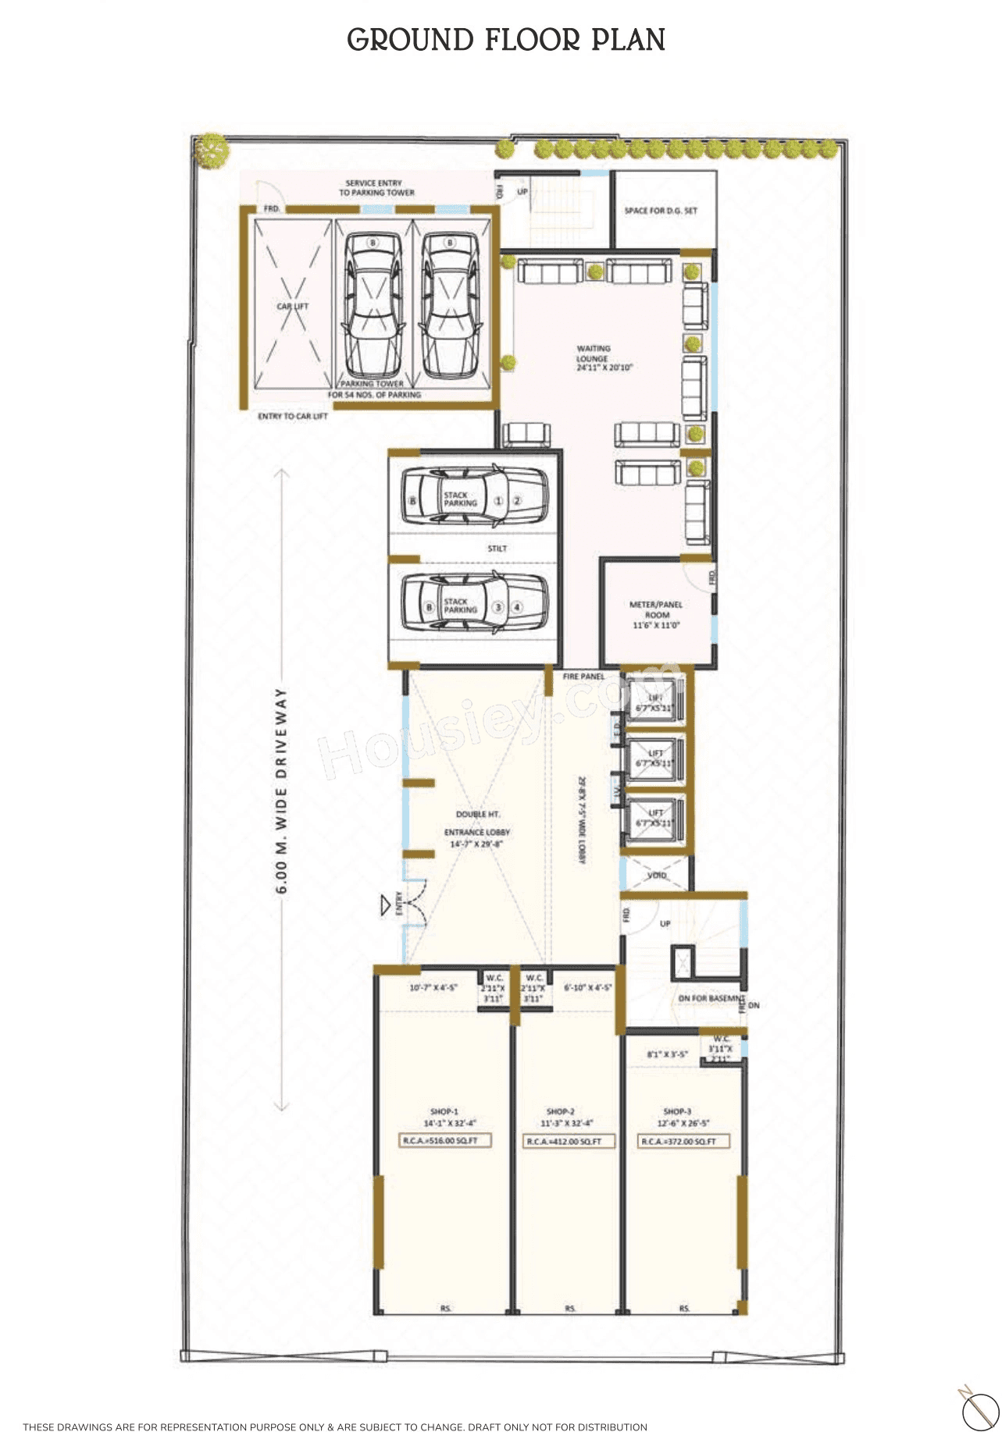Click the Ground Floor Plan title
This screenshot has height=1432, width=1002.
[x=506, y=40]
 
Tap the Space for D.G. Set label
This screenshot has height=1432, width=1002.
[x=661, y=211]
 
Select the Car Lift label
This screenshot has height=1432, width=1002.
[x=293, y=307]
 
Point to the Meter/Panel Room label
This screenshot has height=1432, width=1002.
[x=656, y=615]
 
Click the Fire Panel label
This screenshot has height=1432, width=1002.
[x=583, y=677]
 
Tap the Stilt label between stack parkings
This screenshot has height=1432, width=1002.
[x=497, y=549]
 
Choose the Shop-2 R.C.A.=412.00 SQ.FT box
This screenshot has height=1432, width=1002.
[x=569, y=1142]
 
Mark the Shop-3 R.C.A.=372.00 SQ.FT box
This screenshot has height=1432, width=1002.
[x=683, y=1142]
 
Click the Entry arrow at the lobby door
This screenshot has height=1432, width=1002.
[x=385, y=905]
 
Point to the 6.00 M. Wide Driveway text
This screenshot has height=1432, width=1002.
[x=282, y=790]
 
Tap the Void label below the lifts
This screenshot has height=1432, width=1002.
[x=657, y=876]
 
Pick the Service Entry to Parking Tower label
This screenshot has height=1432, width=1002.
[x=375, y=187]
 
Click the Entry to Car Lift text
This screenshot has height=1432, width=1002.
[x=293, y=417]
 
